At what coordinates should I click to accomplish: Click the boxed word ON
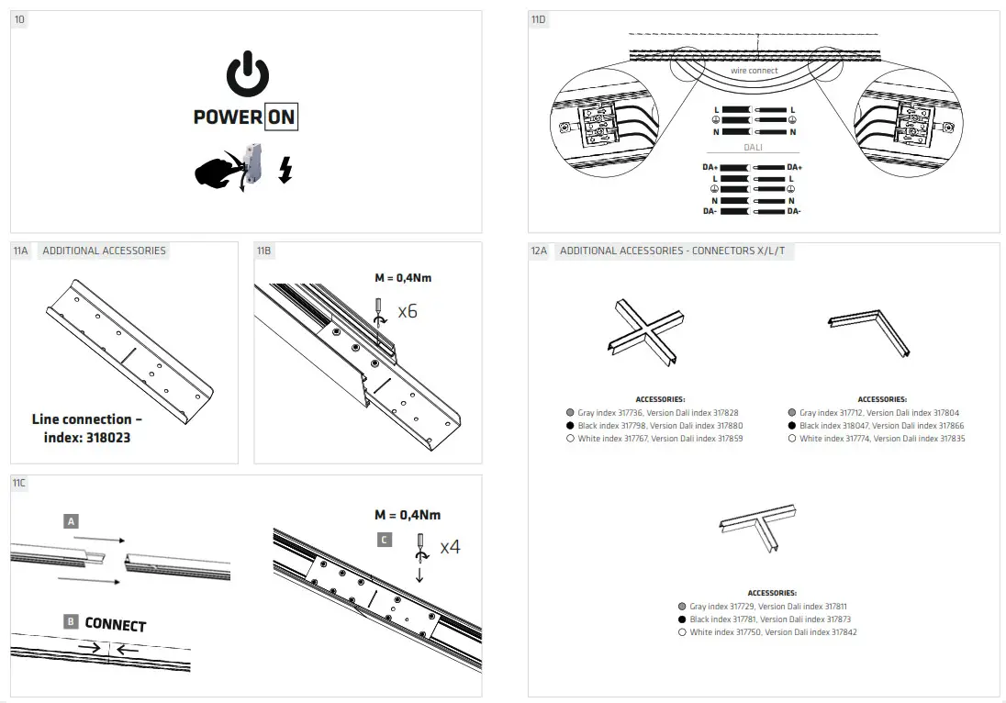281,117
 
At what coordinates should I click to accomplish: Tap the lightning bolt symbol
285,170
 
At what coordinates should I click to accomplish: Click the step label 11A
21,251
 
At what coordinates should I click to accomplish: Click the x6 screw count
408,312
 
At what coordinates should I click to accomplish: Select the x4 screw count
450,547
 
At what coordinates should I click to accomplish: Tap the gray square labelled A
72,520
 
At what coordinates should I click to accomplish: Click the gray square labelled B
71,621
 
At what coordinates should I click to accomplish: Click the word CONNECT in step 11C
116,624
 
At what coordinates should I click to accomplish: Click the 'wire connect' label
754,71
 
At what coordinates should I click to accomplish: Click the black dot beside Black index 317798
570,426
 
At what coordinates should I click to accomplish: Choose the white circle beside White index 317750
682,632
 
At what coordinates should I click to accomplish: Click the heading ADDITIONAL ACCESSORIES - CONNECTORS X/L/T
672,251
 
